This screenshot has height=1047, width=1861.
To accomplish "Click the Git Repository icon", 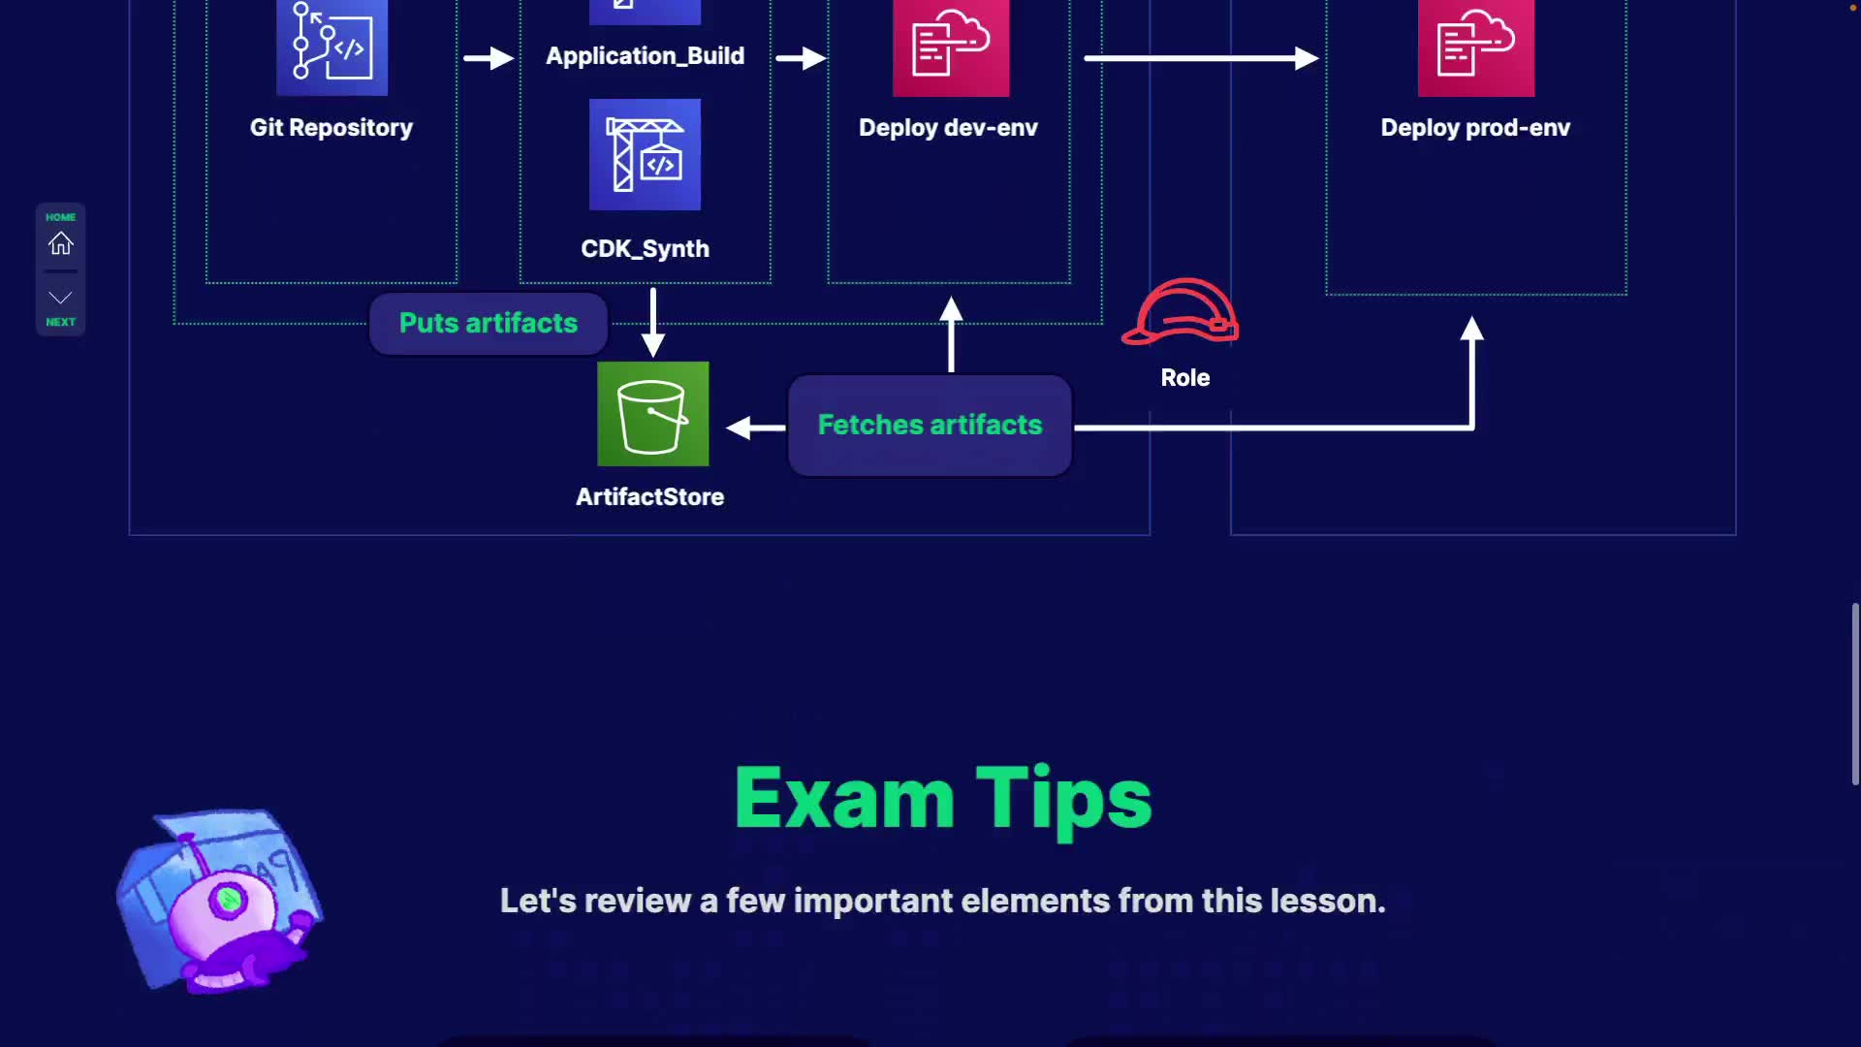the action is coord(331,48).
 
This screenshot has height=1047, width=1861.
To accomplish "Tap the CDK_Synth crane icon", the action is coord(645,154).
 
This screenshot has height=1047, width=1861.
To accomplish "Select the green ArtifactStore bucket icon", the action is coord(653,414).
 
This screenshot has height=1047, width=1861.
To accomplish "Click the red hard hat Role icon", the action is coord(1181,311).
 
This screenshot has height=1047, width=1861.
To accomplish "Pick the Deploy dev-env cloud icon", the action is coord(951,48).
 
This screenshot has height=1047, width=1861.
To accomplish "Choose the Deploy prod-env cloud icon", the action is coord(1476,48).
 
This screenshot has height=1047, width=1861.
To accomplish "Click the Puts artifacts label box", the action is coord(489,323).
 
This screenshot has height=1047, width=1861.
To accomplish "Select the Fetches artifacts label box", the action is coord(930,425).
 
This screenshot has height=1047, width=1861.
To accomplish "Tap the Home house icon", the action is coord(61,243).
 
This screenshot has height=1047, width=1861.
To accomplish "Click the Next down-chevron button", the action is coord(61,298).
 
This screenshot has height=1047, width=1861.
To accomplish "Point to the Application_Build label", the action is coord(646,56).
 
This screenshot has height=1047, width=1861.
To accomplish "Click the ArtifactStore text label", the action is coord(650,496).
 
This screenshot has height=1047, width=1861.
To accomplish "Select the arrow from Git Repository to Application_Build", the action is coord(489,58).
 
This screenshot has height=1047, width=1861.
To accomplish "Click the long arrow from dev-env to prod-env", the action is coord(1202,58).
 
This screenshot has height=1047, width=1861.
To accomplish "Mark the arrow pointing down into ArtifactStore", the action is coord(653,323).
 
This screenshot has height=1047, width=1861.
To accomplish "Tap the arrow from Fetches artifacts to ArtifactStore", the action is coord(755,428).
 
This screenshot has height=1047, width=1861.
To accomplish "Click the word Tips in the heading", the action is coord(1064,800).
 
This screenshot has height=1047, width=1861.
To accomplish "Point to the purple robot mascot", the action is coord(221,901).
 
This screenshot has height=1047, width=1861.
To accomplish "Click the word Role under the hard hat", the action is coord(1185,378).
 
